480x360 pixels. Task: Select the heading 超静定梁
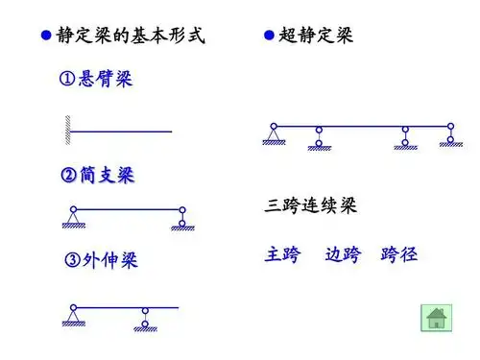coord(316,37)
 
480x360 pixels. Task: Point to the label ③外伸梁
coord(100,261)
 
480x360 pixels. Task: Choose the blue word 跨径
coord(398,255)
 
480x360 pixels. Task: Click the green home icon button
coord(436,318)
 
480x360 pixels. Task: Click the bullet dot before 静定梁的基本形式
coord(45,37)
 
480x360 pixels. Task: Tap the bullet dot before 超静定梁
coord(270,37)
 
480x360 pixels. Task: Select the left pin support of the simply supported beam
coord(72,218)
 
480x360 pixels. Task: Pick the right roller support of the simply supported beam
coord(180,220)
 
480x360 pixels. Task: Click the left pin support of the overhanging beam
coord(72,316)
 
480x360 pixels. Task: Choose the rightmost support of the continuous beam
coord(450,136)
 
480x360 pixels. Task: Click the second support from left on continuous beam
coord(318,138)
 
